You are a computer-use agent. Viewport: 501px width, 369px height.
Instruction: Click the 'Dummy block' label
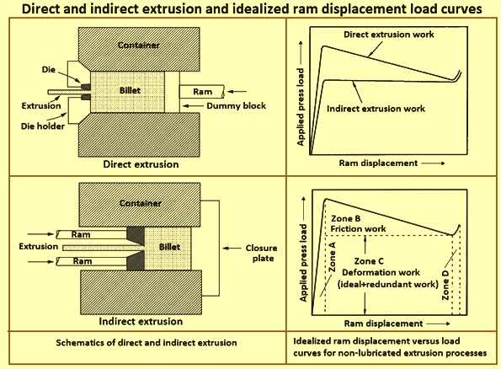click(236, 106)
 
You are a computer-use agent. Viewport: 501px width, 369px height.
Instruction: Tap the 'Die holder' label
click(43, 126)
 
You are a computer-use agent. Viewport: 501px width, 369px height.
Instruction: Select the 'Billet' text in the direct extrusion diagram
click(130, 90)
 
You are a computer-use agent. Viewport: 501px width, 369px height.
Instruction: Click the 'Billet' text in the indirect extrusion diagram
click(169, 247)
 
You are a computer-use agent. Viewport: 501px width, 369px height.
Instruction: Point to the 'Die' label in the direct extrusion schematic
click(49, 69)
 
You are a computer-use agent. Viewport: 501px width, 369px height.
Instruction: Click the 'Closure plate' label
click(262, 253)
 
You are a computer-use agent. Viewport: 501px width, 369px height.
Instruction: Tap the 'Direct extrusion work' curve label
click(389, 35)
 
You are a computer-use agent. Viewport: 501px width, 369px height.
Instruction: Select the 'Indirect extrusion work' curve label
click(376, 109)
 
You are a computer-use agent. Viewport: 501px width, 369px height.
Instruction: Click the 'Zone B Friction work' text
click(358, 224)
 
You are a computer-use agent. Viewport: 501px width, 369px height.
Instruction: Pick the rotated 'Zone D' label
click(445, 286)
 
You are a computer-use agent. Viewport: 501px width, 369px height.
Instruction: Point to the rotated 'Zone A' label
click(332, 257)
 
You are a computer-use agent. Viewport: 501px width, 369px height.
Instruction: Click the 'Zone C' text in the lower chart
click(369, 261)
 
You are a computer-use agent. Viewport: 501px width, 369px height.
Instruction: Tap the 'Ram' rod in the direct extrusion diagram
click(201, 92)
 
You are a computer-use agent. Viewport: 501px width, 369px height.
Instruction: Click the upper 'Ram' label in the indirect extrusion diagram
click(81, 235)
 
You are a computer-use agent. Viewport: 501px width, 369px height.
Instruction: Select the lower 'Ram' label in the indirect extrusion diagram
click(83, 261)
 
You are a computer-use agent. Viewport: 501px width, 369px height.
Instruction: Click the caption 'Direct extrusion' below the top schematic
click(141, 164)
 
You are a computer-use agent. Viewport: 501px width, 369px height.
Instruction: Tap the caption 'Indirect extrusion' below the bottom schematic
click(141, 321)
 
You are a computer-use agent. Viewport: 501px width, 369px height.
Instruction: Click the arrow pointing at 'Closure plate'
click(232, 249)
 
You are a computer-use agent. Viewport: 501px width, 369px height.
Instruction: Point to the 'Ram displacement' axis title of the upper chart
click(378, 163)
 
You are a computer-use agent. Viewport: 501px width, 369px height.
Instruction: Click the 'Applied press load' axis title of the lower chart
click(303, 263)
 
